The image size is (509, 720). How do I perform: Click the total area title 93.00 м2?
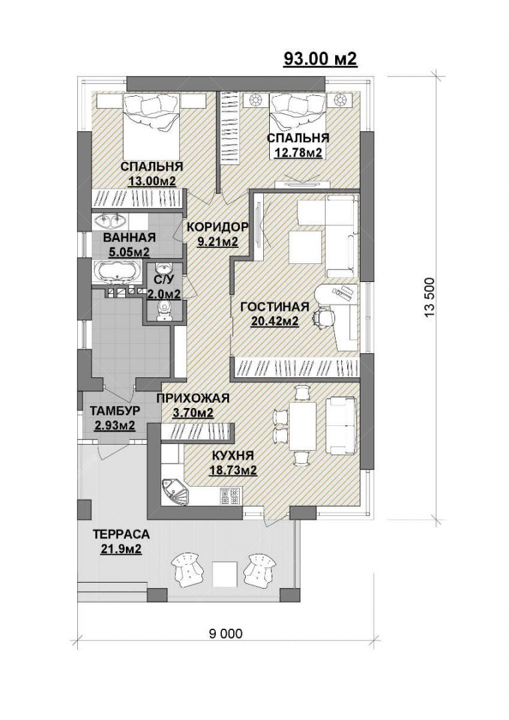(x=320, y=59)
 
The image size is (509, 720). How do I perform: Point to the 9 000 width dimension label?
(x=225, y=634)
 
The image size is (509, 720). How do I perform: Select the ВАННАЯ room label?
(x=129, y=237)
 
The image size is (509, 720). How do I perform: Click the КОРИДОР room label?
(x=218, y=227)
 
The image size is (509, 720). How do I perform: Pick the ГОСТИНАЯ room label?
(x=275, y=307)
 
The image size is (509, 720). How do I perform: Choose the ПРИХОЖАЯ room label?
(x=193, y=398)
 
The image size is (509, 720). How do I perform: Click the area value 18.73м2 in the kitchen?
(x=233, y=470)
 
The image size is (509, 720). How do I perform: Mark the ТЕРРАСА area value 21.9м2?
(x=121, y=549)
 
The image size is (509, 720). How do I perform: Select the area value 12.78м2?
(x=298, y=152)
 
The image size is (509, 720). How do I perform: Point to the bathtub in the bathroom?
(x=118, y=271)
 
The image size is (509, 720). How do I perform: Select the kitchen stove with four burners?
(x=231, y=497)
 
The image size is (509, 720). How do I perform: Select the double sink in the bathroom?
(x=111, y=221)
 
